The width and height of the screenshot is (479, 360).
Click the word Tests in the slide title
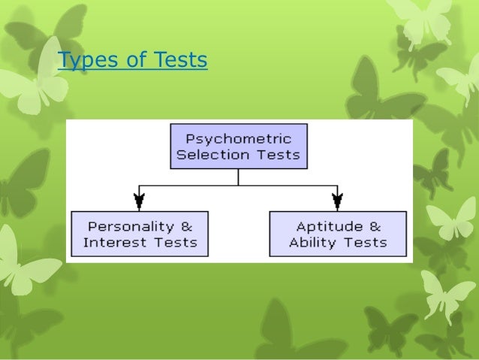click(180, 59)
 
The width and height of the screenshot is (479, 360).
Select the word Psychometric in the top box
click(237, 139)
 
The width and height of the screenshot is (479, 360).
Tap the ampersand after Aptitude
click(375, 226)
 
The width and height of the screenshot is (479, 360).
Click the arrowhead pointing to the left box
click(140, 201)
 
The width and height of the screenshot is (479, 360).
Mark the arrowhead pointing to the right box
click(337, 201)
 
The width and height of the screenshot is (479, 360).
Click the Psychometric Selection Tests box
click(238, 147)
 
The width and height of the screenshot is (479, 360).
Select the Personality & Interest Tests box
click(140, 234)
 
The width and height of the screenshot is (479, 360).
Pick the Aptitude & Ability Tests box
click(337, 234)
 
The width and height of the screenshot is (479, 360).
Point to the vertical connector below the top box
click(238, 177)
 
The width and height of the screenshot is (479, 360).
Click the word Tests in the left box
click(176, 242)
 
